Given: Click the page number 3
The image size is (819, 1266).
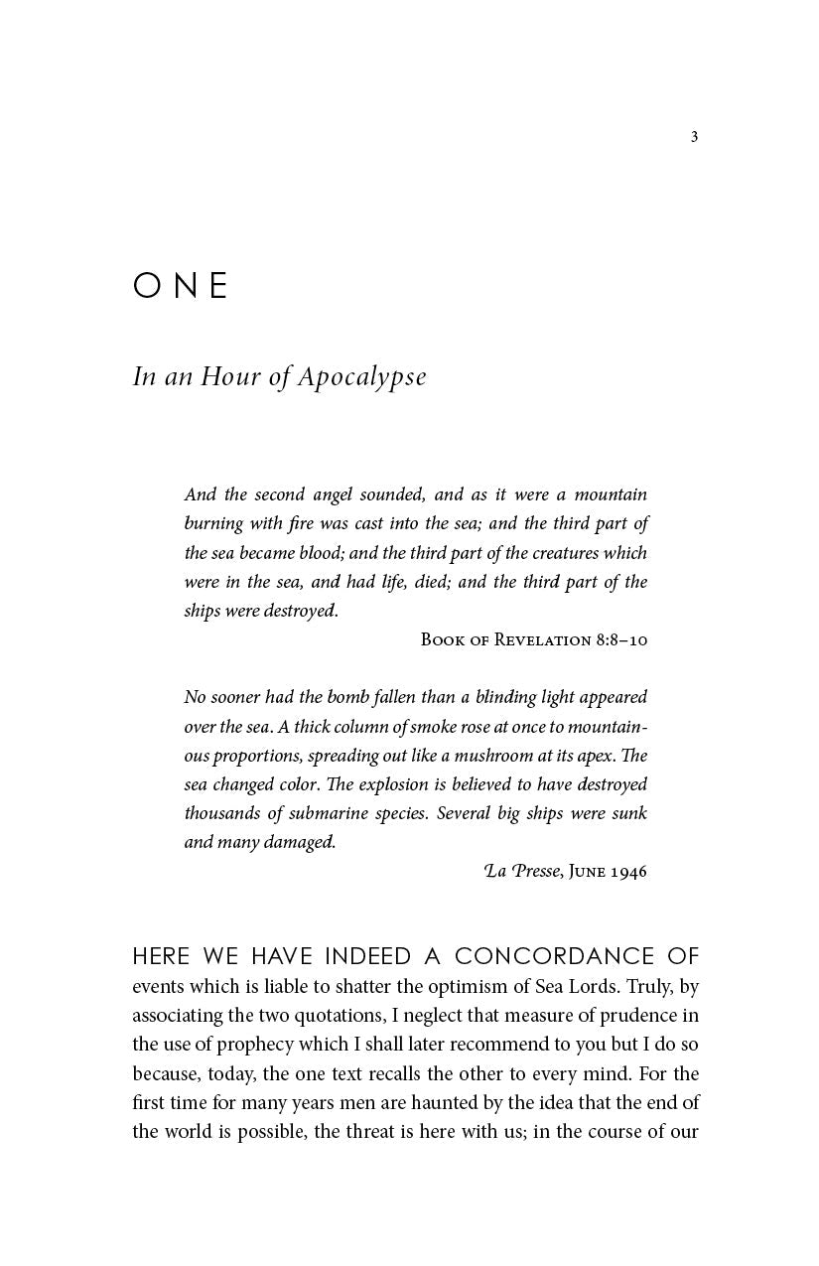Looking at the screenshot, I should (x=694, y=137).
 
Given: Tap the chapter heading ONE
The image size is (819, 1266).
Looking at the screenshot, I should (x=181, y=286).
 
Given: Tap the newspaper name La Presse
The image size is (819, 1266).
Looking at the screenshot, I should (x=522, y=872).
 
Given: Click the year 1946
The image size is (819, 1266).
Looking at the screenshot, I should (x=628, y=872).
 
